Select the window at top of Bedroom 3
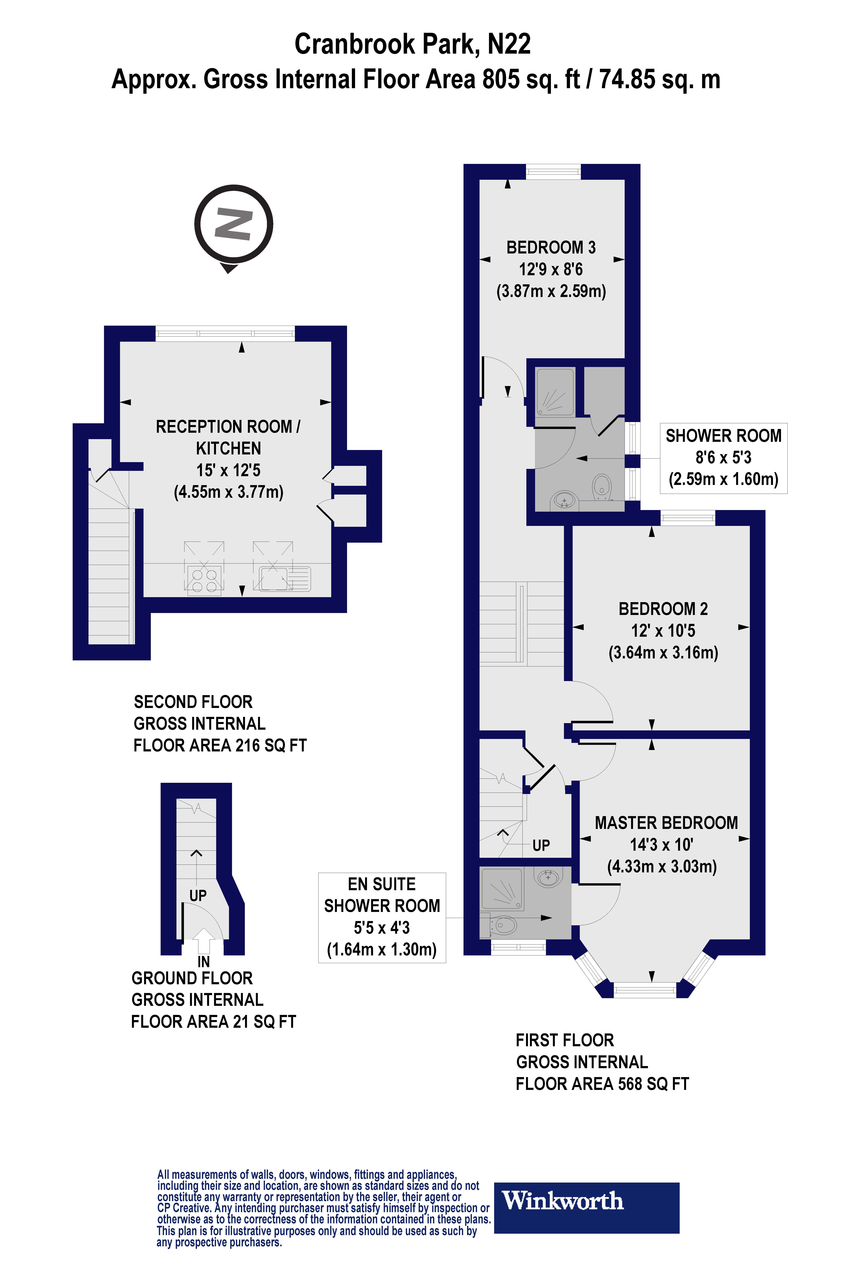(553, 172)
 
